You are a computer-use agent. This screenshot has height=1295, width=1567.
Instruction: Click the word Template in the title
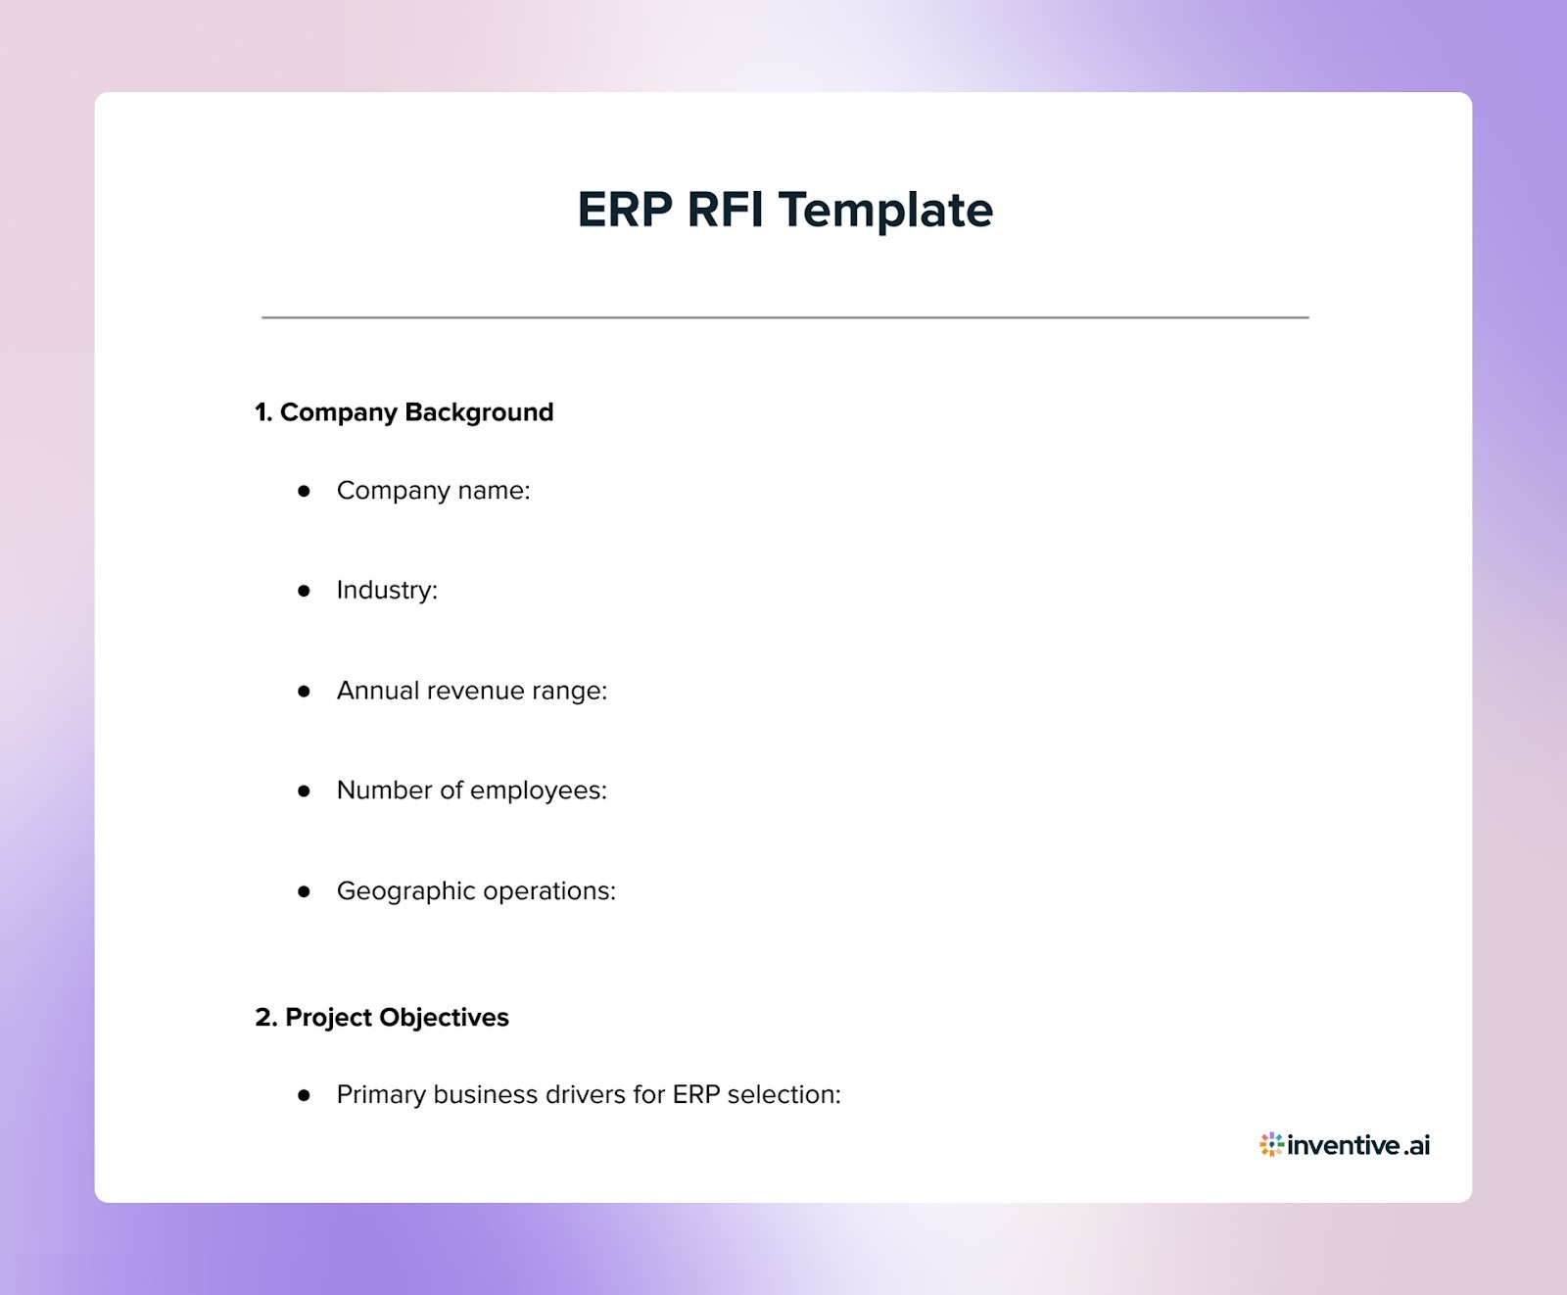885,210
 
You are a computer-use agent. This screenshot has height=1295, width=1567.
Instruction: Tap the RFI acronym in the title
725,210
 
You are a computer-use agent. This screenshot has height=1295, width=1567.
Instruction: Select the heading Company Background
416,412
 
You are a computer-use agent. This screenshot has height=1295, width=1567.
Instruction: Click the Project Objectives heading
397,1018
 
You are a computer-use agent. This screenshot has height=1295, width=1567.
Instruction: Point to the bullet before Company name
304,491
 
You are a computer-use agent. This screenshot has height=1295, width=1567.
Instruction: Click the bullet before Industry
304,591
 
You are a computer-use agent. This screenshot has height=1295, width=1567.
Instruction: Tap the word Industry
386,591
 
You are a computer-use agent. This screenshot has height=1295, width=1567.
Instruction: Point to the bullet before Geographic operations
304,891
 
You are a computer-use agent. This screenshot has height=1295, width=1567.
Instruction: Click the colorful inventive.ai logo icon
1271,1144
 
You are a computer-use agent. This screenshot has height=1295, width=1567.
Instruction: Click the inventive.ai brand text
1358,1145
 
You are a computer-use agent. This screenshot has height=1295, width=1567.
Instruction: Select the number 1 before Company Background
261,412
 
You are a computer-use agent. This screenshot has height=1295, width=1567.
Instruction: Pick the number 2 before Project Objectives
264,1018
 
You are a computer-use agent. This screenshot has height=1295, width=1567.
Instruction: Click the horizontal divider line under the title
784,317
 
